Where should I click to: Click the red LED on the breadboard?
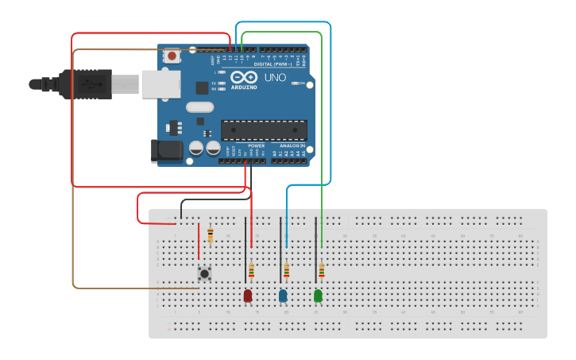[x=248, y=296]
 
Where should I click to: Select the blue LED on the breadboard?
[x=283, y=296]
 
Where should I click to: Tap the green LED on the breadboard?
[x=318, y=296]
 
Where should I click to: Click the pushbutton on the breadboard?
[x=204, y=273]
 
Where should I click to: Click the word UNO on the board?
[x=274, y=78]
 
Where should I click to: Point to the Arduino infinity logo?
[x=245, y=77]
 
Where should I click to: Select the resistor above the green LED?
[x=321, y=271]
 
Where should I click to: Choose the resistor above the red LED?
[x=251, y=271]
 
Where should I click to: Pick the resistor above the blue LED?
[x=286, y=271]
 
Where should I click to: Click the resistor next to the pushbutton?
[x=210, y=234]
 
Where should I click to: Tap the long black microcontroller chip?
[x=264, y=130]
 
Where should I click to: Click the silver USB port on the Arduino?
[x=160, y=83]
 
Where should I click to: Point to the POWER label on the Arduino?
[x=256, y=146]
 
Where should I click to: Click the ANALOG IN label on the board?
[x=291, y=146]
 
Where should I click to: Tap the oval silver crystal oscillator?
[x=200, y=106]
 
